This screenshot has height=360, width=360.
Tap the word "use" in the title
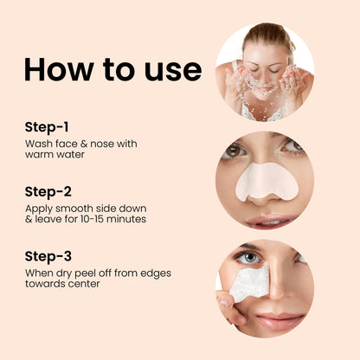(171, 69)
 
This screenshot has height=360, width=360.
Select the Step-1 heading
(48, 126)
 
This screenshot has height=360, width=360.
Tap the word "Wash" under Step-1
(39, 143)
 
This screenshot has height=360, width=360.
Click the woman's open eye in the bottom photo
(249, 258)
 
